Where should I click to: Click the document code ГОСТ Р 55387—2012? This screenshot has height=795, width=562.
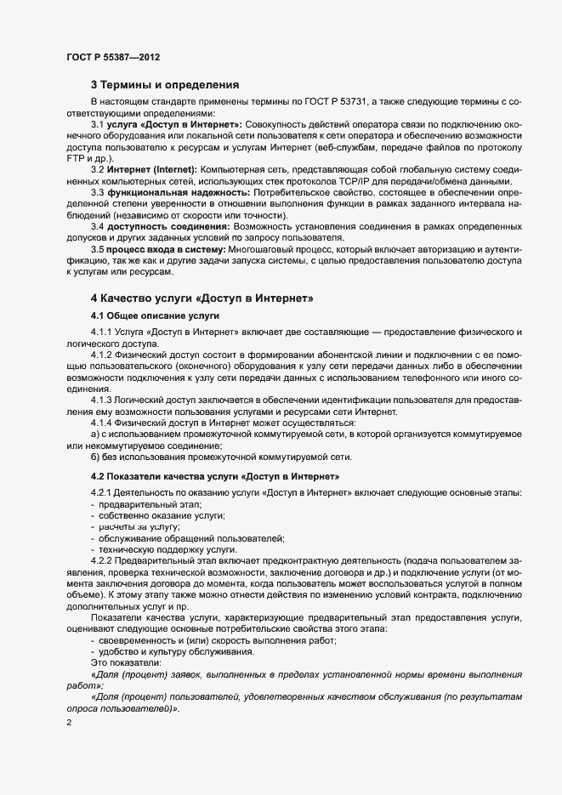pyautogui.click(x=112, y=57)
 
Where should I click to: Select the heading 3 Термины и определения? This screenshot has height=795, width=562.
pyautogui.click(x=164, y=85)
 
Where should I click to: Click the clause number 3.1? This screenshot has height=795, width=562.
pyautogui.click(x=97, y=124)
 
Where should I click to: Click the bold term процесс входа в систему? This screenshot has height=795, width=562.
pyautogui.click(x=166, y=250)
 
